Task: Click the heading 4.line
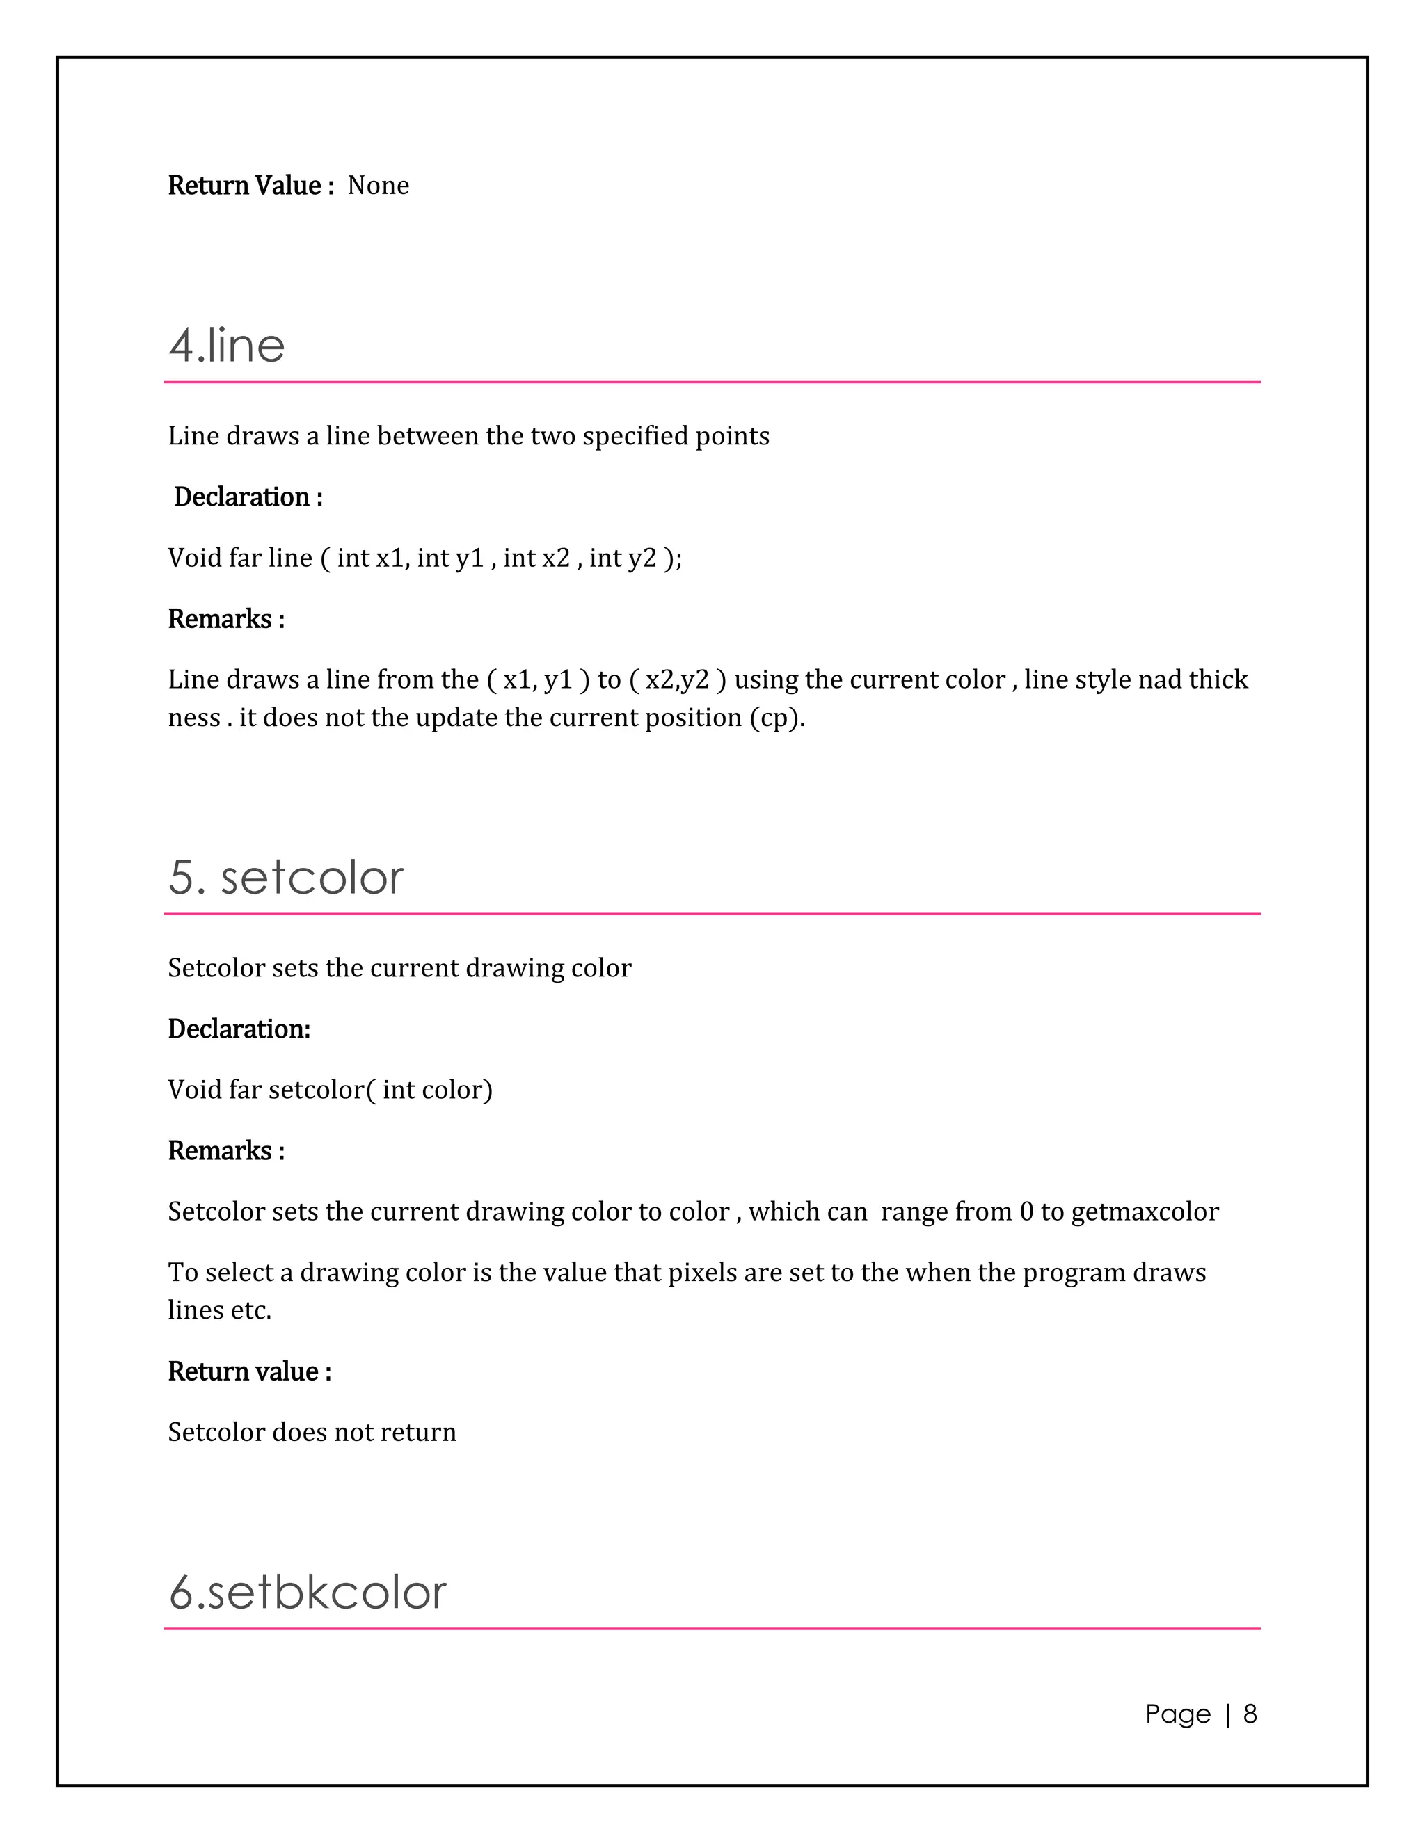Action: [226, 345]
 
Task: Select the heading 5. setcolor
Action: [285, 878]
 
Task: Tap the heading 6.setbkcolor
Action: [308, 1593]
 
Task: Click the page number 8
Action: [1250, 1714]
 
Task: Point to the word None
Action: [379, 186]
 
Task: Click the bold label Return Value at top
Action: [244, 186]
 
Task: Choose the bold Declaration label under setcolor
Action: [239, 1029]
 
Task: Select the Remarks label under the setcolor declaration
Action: [225, 1150]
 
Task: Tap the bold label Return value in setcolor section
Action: [248, 1371]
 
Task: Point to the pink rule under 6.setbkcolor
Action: [712, 1629]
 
